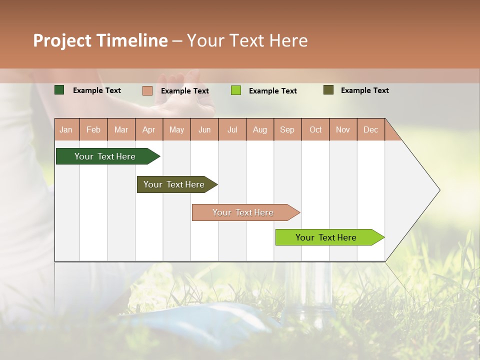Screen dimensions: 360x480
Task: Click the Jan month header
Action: point(66,129)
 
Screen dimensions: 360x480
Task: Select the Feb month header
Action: point(93,129)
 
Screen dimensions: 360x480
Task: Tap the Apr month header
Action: point(149,129)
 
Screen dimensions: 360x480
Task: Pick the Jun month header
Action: point(204,129)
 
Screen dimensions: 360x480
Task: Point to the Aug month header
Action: point(260,129)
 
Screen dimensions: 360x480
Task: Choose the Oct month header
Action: point(315,129)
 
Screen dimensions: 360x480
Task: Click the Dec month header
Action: point(370,129)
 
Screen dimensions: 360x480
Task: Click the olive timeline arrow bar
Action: point(175,184)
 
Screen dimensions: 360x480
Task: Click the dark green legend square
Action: point(59,90)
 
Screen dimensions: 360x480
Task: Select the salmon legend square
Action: point(147,90)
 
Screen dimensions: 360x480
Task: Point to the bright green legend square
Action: point(236,90)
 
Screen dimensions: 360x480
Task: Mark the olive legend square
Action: point(328,90)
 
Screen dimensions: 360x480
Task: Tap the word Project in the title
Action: point(62,40)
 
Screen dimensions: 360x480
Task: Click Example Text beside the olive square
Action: point(364,90)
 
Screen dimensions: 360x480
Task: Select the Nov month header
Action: point(343,129)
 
